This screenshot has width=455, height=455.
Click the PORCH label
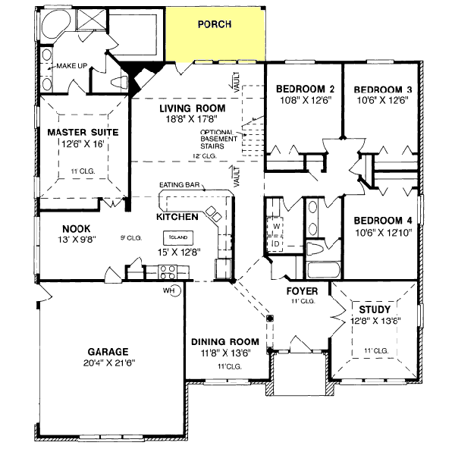coord(214,24)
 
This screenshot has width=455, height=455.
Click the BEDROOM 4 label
coord(383,221)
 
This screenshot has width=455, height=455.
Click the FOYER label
coord(301,290)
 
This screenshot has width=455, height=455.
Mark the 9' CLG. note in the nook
coord(130,238)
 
